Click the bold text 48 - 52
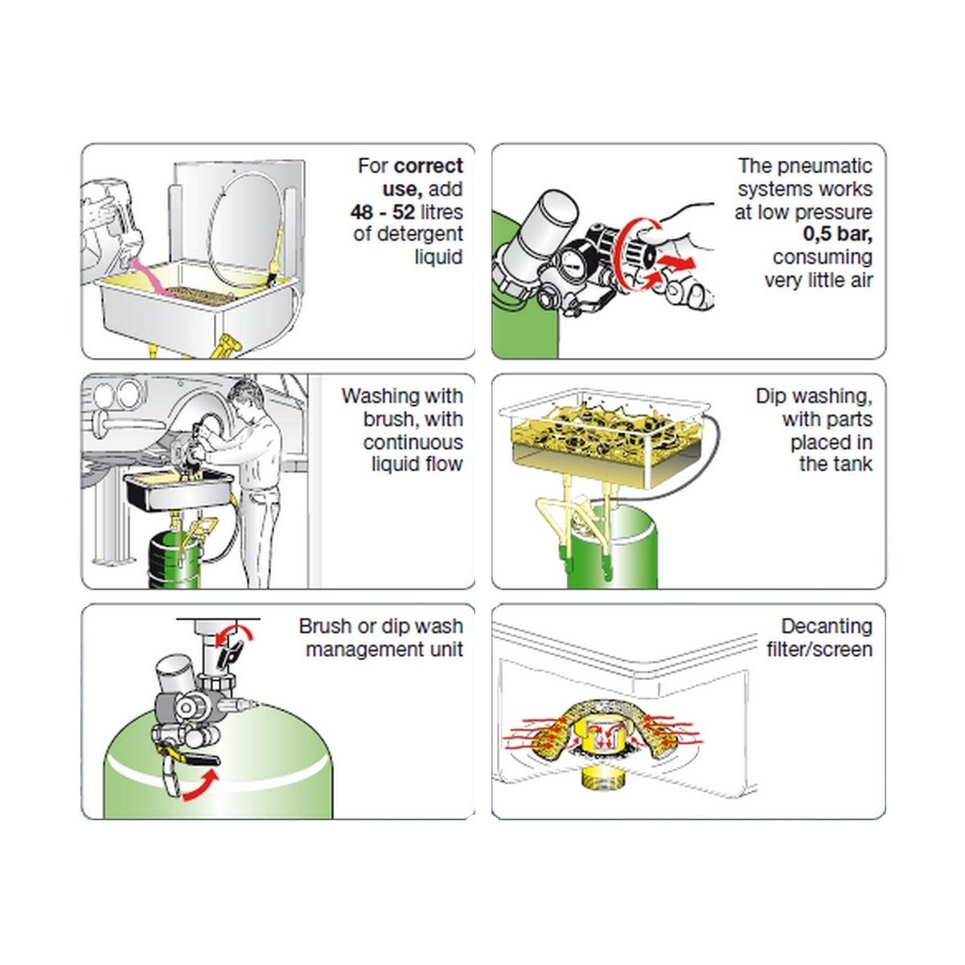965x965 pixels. pos(383,212)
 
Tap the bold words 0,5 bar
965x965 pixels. pos(837,234)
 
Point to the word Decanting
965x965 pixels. pos(827,626)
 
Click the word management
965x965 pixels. pos(366,650)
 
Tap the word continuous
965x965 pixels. pos(413,442)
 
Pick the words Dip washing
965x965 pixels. pos(814,396)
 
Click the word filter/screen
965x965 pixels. pos(819,650)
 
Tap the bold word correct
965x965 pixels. pos(429,166)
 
